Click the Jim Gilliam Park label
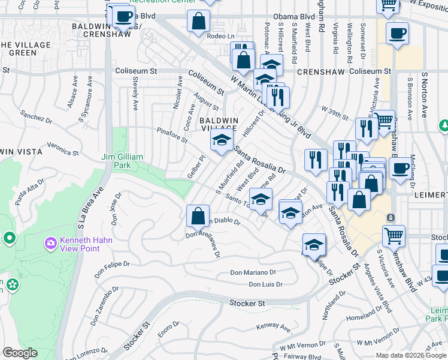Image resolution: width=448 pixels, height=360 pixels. pyautogui.click(x=122, y=161)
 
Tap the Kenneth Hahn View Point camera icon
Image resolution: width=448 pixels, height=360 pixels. pyautogui.click(x=50, y=244)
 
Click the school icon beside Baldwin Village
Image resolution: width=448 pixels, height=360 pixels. pyautogui.click(x=222, y=142)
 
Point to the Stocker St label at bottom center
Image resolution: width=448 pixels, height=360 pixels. pyautogui.click(x=247, y=304)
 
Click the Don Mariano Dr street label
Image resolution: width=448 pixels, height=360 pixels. pyautogui.click(x=253, y=273)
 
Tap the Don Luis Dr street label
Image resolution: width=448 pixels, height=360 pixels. pyautogui.click(x=265, y=284)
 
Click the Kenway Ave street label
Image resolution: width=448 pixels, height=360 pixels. pyautogui.click(x=273, y=328)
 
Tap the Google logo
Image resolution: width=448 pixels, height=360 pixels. pyautogui.click(x=20, y=353)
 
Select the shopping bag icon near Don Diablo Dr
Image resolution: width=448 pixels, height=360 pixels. pyautogui.click(x=197, y=216)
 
